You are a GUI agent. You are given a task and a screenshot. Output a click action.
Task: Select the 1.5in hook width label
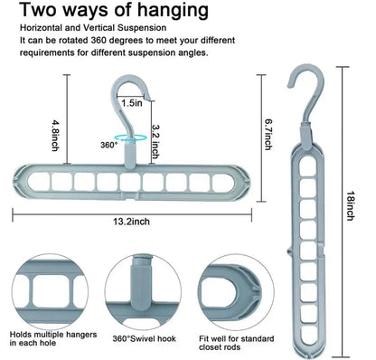130,102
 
